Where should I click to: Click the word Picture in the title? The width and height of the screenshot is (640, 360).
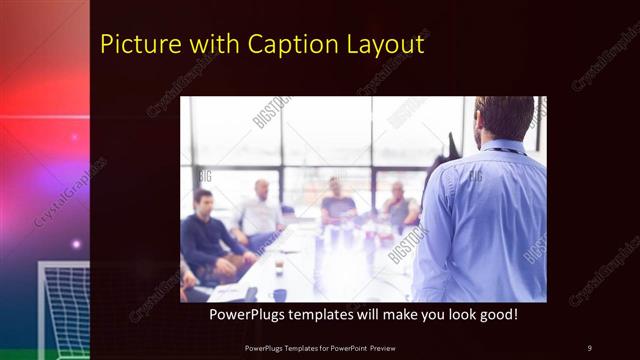pos(132,45)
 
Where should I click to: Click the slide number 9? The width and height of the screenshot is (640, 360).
pos(589,347)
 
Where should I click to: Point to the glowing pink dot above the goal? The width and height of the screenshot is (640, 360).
pos(75,243)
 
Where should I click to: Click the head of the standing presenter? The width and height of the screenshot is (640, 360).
pos(504,117)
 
